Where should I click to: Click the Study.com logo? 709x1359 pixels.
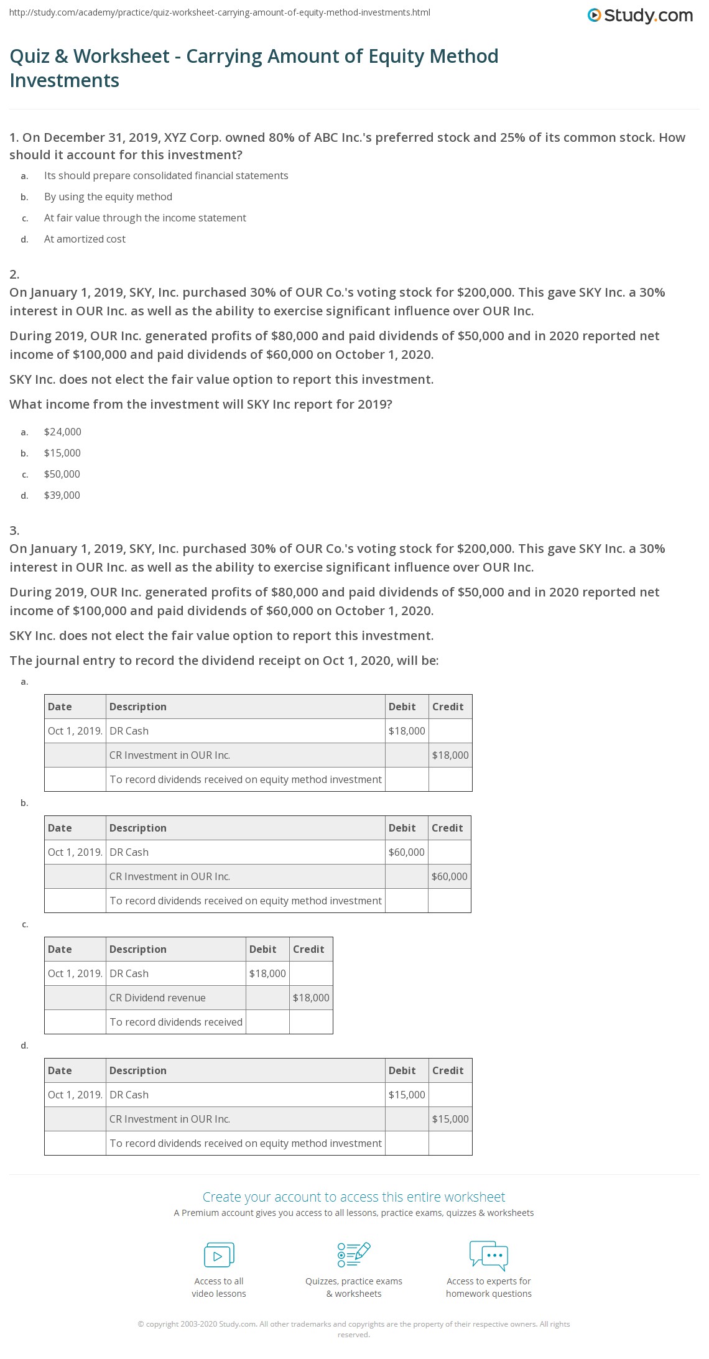point(640,16)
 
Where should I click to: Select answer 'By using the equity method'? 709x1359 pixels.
point(108,197)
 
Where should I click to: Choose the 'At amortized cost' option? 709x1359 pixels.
point(85,239)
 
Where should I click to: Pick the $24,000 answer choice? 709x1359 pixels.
point(62,432)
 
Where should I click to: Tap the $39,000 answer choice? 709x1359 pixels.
point(62,495)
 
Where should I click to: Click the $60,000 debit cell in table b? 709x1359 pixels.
point(406,852)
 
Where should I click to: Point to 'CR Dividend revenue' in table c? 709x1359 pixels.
point(157,998)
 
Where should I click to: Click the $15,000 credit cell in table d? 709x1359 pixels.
point(450,1119)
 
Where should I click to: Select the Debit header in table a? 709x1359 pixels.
point(402,707)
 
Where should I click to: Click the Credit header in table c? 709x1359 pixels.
point(308,949)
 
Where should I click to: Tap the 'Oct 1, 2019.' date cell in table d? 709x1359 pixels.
point(75,1095)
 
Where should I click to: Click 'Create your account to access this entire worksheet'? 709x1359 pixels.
point(354,1197)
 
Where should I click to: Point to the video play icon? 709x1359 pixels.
point(219,1255)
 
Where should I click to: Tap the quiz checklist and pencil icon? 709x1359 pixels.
point(354,1255)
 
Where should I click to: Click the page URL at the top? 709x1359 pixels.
point(219,12)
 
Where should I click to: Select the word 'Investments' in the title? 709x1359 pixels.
point(65,80)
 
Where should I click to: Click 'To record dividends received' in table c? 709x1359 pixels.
point(176,1022)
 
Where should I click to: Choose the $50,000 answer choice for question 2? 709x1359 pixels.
point(62,474)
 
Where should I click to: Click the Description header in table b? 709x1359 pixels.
point(137,828)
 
